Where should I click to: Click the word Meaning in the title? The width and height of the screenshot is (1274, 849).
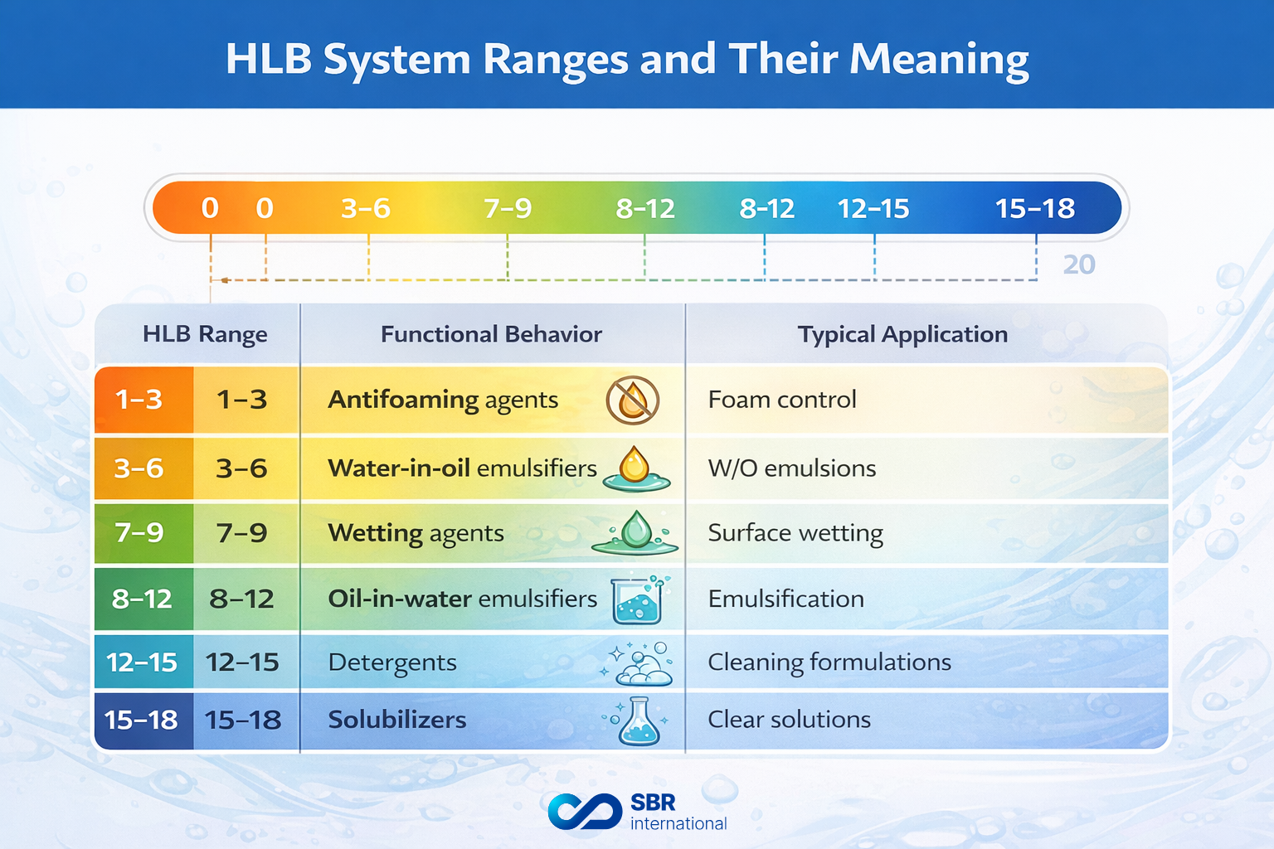click(939, 60)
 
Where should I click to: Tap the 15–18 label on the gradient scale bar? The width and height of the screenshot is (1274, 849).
click(1034, 208)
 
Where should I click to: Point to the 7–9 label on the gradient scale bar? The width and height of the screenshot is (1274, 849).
click(508, 208)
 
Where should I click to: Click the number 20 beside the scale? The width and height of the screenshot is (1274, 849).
click(1079, 264)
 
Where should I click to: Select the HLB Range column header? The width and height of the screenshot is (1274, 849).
click(205, 334)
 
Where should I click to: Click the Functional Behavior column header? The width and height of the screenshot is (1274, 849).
click(491, 334)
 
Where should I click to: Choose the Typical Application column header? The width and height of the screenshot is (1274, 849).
click(902, 334)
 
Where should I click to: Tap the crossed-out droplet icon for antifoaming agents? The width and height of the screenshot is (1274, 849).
click(633, 400)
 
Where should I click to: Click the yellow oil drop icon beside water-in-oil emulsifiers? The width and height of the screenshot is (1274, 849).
click(635, 468)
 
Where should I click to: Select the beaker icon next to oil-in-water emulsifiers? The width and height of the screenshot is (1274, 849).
click(637, 599)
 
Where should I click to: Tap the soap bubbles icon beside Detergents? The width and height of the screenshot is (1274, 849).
click(640, 663)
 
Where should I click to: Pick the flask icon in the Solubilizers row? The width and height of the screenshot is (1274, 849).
click(639, 720)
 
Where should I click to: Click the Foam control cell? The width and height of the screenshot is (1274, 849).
click(781, 400)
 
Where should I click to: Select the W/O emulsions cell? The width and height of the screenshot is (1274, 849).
click(791, 468)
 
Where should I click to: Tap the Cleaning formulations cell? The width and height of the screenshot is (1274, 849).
click(829, 662)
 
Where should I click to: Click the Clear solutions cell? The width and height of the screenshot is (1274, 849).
click(789, 720)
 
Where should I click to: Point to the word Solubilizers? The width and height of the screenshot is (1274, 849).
click(396, 720)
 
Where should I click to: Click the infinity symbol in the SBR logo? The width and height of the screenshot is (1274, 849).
click(585, 811)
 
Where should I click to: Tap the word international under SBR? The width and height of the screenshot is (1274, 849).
click(678, 823)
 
